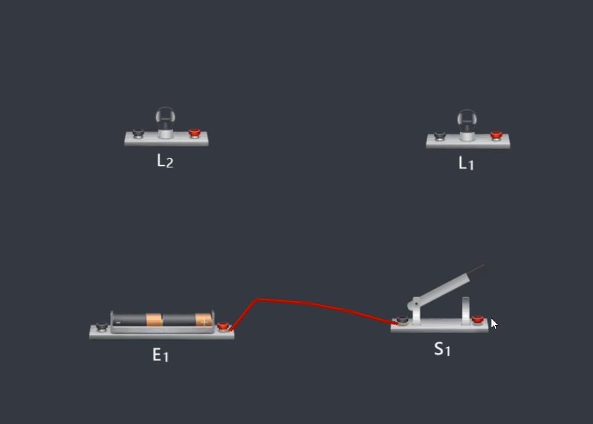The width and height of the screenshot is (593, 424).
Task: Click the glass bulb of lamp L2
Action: coord(165,118)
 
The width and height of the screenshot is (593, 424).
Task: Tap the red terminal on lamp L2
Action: coord(195,133)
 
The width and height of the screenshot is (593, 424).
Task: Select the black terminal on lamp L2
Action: coord(138,133)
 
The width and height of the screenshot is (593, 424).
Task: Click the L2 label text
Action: coord(165,161)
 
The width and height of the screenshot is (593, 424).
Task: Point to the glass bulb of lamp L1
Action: coord(467,121)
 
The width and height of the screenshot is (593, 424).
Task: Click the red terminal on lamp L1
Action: coord(496,135)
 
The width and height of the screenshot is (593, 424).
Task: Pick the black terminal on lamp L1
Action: coord(440,135)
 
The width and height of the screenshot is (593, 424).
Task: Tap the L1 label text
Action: coord(466,163)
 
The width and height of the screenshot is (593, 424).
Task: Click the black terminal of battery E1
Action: coord(102,326)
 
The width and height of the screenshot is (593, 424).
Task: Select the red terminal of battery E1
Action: coord(223,326)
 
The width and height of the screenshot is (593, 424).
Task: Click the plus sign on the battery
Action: coord(204,322)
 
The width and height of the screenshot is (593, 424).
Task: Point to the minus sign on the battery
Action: coord(118,322)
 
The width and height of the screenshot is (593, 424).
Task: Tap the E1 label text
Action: coord(160,355)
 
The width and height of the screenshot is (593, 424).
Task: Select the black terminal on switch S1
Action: coord(402,321)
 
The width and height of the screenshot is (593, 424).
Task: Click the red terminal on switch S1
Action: coord(478,320)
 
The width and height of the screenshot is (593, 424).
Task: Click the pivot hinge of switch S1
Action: coord(416,303)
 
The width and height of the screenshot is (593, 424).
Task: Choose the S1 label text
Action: coord(442,349)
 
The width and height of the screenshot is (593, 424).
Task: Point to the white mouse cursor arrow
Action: coord(494,324)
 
